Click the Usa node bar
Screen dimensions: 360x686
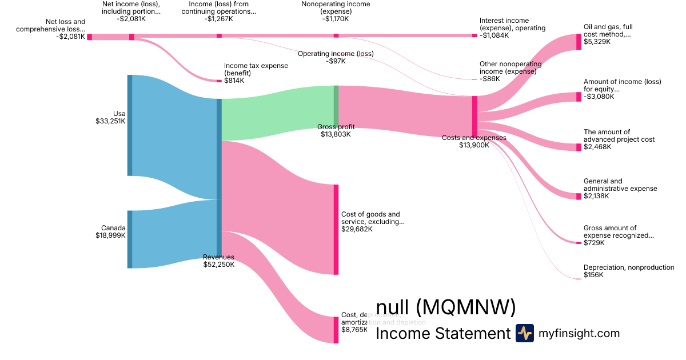(130, 125)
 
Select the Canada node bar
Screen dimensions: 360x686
(130, 239)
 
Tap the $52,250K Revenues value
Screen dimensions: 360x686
(218, 265)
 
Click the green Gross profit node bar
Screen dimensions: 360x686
(336, 106)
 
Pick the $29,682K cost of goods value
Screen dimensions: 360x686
(357, 229)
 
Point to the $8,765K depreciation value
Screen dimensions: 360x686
(354, 330)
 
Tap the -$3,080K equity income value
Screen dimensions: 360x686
(599, 97)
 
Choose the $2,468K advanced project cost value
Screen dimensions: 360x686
(597, 147)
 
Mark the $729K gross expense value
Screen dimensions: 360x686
(594, 243)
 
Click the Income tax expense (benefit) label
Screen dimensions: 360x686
(256, 70)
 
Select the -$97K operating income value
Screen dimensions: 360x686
(335, 61)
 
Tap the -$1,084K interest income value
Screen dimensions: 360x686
(494, 35)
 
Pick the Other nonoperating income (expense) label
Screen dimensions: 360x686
(508, 68)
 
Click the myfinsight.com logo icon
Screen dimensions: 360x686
(524, 333)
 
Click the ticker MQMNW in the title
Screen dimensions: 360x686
(466, 308)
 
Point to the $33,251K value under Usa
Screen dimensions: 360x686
(110, 121)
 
